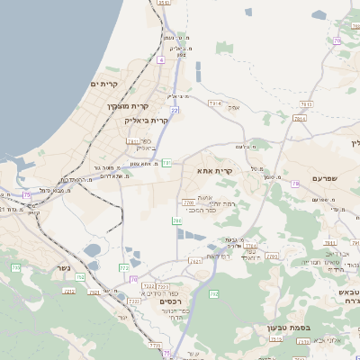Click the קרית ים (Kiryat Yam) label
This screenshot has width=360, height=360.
105,84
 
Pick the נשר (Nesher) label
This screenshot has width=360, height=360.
61,267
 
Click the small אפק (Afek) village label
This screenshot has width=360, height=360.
233,108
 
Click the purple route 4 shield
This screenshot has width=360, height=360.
160,59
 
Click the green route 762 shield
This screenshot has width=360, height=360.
213,293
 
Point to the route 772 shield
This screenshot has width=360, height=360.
124,267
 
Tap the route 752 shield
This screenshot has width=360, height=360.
80,277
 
